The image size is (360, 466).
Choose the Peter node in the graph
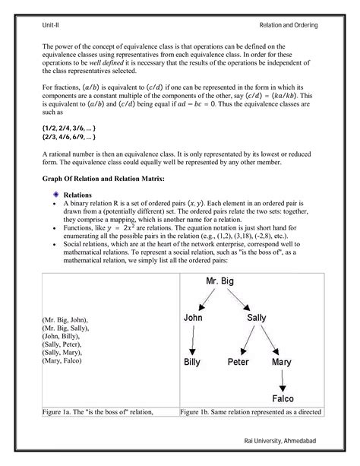pyautogui.click(x=238, y=363)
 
